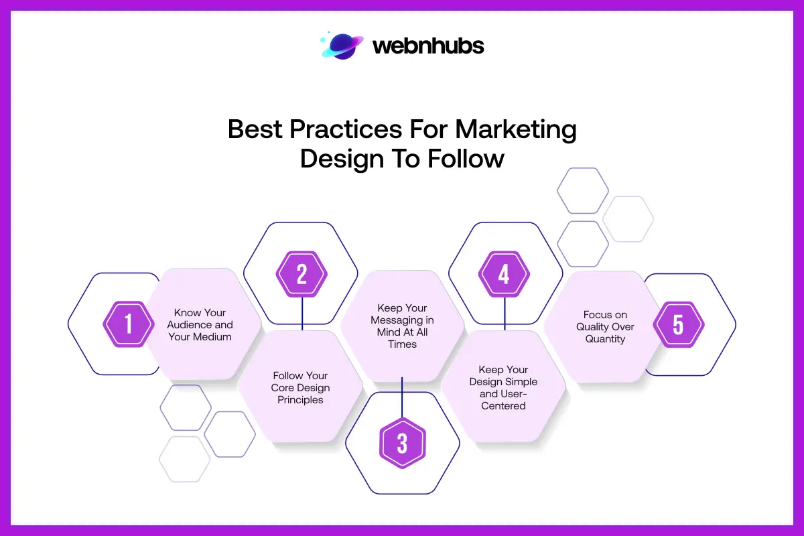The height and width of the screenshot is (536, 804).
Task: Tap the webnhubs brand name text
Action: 427,46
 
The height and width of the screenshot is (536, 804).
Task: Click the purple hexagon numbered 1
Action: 129,324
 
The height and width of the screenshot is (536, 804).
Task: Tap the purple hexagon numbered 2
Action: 301,275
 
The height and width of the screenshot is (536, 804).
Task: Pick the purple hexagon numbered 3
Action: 402,443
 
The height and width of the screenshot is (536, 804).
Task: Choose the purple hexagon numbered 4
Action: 504,275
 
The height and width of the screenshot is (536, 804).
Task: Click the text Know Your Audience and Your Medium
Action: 200,324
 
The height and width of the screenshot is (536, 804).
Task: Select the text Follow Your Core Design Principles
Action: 300,388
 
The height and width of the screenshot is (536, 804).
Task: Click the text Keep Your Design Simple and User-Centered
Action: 503,387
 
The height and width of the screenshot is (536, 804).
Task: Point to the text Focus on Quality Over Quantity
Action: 605,326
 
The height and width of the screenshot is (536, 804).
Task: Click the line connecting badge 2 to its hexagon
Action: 302,314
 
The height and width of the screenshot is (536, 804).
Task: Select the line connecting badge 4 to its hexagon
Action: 504,314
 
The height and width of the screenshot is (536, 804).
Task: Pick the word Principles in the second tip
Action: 300,400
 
